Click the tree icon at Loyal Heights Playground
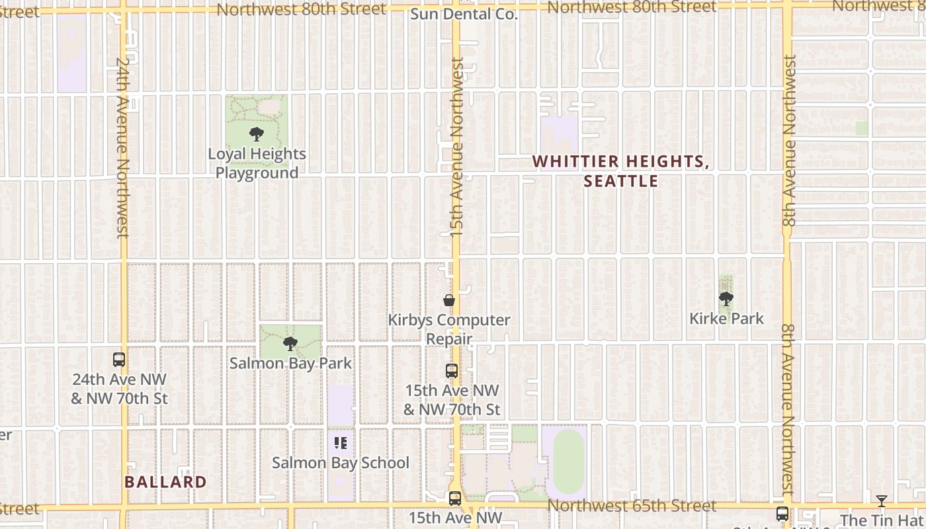pos(257,134)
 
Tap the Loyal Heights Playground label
pos(257,163)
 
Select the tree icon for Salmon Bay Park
pos(290,344)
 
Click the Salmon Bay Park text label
pos(290,363)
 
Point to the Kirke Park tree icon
pos(726,299)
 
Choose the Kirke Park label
pos(726,318)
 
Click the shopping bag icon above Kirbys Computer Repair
pos(449,301)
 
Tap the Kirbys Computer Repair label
pos(449,329)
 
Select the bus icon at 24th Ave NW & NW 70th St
pos(119,360)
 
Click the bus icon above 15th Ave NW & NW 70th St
pos(452,371)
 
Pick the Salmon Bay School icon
pos(341,443)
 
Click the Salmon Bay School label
pos(341,463)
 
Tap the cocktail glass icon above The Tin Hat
pos(881,501)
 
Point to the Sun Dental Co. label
pos(464,14)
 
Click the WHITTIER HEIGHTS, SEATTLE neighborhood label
pos(620,171)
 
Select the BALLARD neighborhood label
pos(165,482)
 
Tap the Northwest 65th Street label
pos(632,506)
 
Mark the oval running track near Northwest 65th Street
pos(569,461)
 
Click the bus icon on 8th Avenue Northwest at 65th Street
pos(782,513)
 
